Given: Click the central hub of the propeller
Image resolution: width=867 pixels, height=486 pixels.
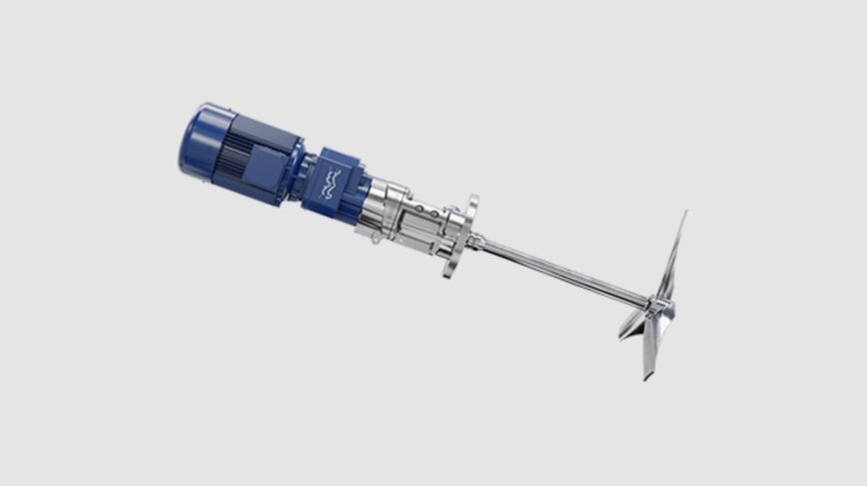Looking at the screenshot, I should (659, 303).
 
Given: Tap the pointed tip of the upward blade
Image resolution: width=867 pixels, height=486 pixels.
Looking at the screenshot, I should (685, 213).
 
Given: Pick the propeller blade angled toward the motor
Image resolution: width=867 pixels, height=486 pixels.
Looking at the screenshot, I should (633, 323).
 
